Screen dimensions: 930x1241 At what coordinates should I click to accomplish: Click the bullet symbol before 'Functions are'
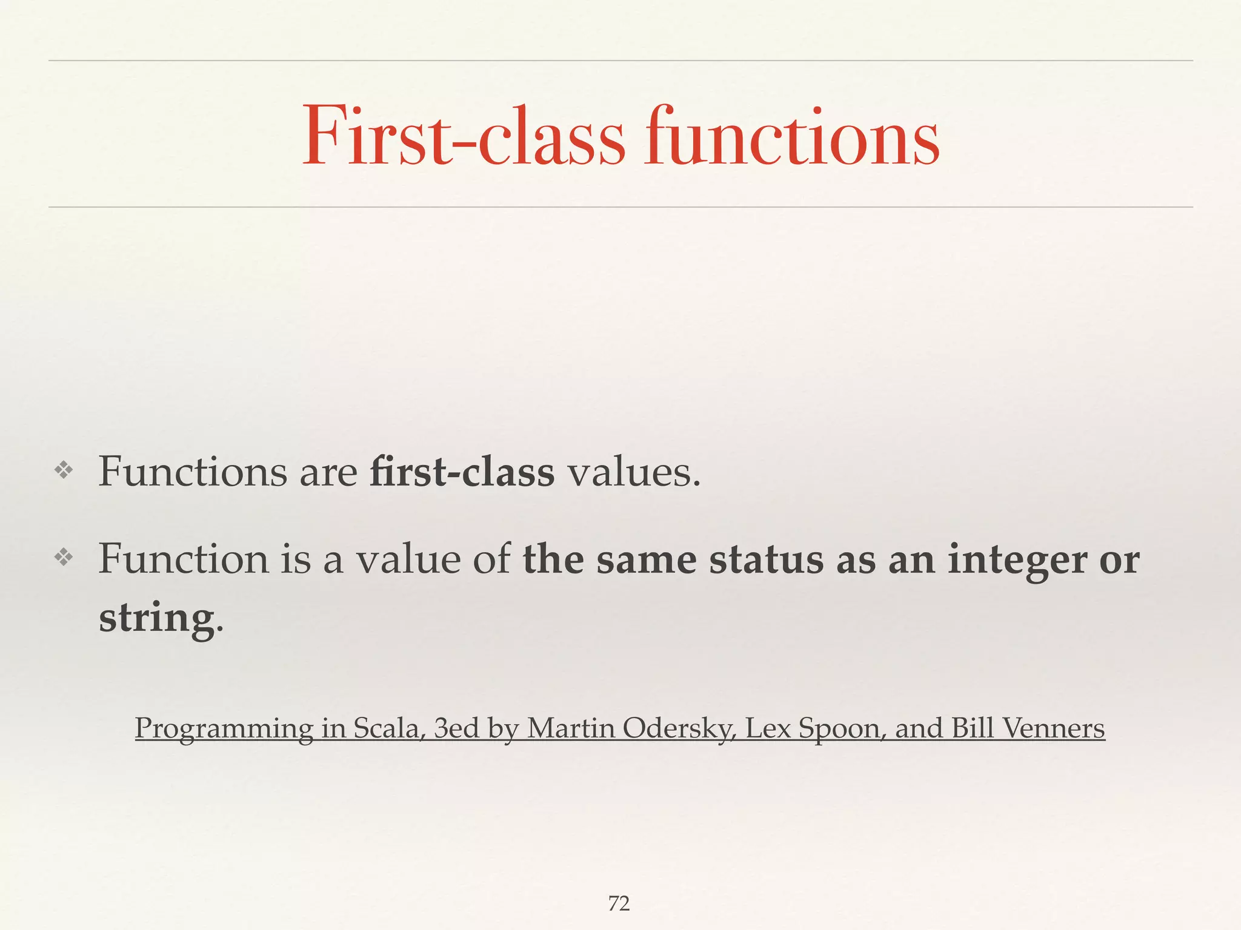[64, 470]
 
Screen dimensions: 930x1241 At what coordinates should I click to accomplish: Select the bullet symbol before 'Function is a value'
[64, 558]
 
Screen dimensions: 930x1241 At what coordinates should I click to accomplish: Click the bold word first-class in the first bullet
[462, 472]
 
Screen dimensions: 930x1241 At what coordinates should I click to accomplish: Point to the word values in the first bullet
[633, 472]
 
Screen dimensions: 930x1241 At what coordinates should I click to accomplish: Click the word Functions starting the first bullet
[193, 472]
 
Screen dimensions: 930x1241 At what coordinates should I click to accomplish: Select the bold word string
[157, 619]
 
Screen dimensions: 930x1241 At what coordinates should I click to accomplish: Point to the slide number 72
[619, 903]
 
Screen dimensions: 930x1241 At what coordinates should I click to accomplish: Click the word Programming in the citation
[224, 728]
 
